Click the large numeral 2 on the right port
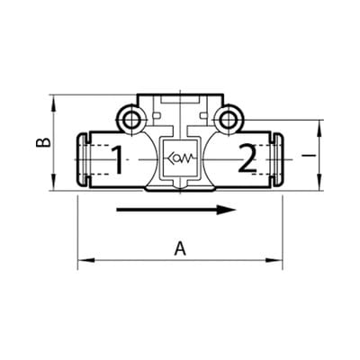(x=247, y=158)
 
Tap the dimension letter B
(x=43, y=142)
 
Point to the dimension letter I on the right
(x=309, y=155)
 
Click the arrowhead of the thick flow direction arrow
(x=227, y=210)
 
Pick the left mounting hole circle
(x=130, y=121)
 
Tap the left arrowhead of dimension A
(x=85, y=260)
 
